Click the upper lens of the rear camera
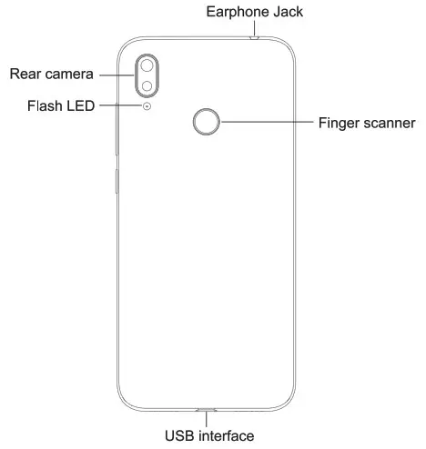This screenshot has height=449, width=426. click(147, 65)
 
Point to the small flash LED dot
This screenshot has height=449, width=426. click(147, 106)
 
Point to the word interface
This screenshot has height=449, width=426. click(225, 437)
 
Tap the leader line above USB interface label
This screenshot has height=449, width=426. click(208, 420)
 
